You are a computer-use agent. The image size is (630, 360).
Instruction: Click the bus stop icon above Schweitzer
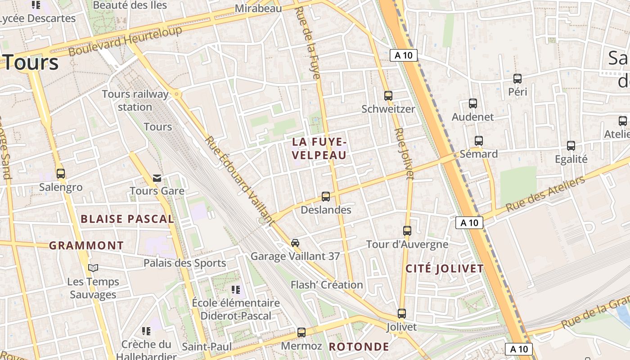388,95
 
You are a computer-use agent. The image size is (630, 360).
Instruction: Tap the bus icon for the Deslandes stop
326,197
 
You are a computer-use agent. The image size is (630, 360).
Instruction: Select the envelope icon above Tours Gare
157,178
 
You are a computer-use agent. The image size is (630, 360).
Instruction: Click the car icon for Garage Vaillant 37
295,243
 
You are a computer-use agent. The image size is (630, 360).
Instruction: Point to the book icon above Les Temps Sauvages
93,268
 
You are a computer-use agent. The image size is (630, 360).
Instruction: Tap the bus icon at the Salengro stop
61,173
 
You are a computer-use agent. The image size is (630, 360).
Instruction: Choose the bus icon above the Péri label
517,79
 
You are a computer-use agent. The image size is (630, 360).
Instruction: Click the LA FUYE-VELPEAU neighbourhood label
319,148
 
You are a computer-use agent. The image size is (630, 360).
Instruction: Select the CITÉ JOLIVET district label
445,269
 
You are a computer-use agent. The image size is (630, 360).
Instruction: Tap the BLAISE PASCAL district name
127,219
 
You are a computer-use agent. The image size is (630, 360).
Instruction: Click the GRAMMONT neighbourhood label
86,246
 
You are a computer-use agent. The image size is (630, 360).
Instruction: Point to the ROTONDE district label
359,346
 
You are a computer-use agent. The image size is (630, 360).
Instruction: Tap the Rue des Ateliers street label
545,194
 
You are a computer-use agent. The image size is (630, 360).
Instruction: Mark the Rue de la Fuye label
308,43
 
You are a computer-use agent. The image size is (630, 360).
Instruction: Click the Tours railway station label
135,100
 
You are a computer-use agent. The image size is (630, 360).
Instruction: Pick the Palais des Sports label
184,263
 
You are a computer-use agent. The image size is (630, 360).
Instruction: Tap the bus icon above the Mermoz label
301,333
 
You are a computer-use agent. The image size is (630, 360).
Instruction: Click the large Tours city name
31,62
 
